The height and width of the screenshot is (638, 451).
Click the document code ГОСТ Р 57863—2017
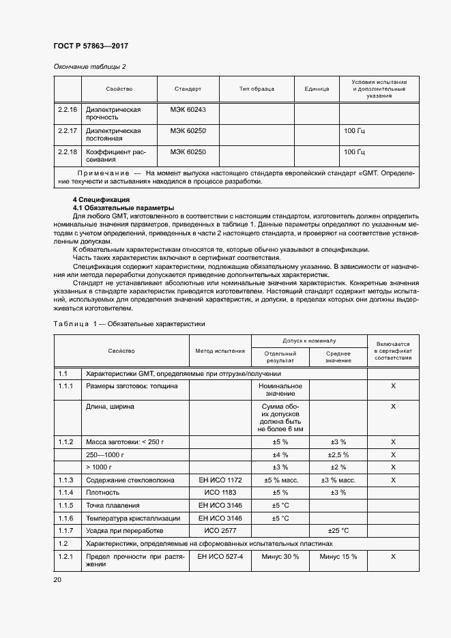[x=91, y=46]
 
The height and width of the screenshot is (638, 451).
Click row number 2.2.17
[x=67, y=130]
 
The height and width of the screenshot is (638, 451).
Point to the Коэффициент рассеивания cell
[x=113, y=156]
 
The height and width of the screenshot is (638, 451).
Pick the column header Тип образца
[x=257, y=89]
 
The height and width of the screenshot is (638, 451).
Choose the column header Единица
[x=317, y=89]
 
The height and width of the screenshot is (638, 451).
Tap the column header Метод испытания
[x=220, y=351]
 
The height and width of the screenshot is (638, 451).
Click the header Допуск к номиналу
[x=310, y=340]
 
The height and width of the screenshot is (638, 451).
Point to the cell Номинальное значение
[x=280, y=390]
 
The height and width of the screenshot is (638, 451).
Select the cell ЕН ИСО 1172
[x=220, y=480]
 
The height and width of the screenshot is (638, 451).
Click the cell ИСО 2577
[x=220, y=530]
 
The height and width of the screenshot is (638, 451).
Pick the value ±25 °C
[x=338, y=530]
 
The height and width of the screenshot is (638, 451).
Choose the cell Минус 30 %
[x=280, y=557]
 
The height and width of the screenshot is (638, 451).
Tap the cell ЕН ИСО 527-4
[x=220, y=557]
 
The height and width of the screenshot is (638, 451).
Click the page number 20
[x=57, y=579]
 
